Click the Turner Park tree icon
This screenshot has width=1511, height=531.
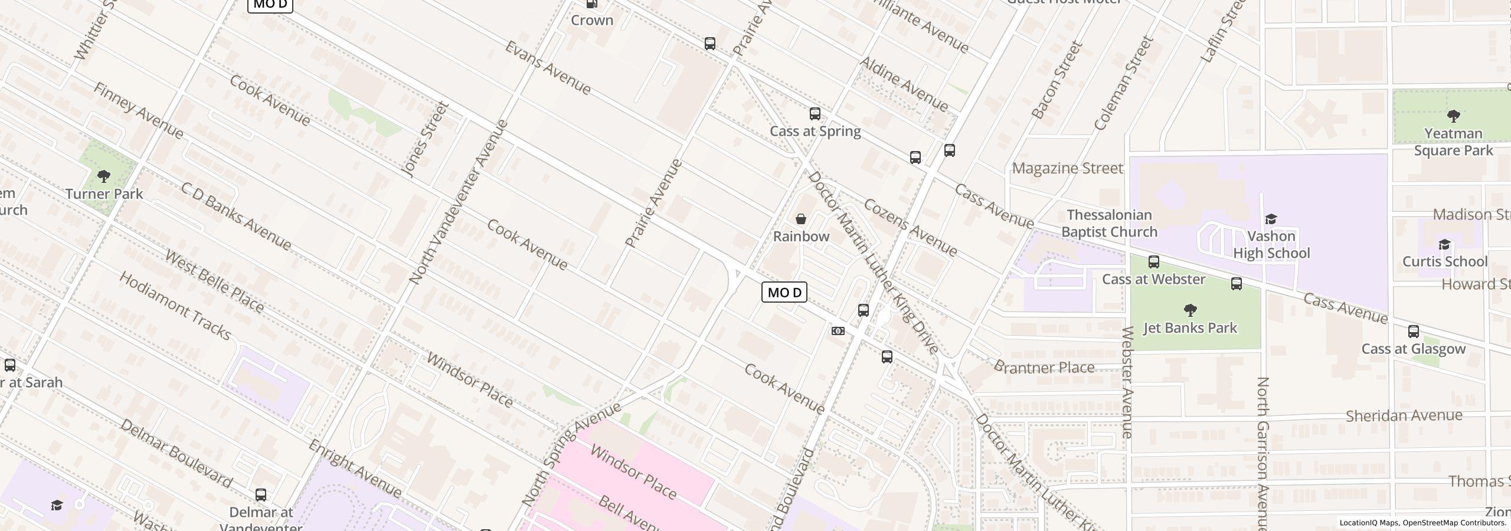(x=104, y=176)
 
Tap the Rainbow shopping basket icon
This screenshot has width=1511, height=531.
(x=801, y=219)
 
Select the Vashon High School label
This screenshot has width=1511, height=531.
(x=1271, y=245)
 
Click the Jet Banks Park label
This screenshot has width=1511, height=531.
(x=1190, y=328)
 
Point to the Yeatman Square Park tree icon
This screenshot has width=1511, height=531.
(x=1453, y=116)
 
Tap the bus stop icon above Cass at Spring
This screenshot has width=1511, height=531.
(x=815, y=114)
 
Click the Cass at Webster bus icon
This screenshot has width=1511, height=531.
(x=1153, y=262)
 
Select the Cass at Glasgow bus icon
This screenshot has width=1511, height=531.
(x=1413, y=332)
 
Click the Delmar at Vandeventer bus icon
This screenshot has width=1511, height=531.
(x=260, y=494)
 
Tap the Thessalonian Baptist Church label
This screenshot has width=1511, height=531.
(x=1109, y=224)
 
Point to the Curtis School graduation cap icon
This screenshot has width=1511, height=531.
(x=1444, y=245)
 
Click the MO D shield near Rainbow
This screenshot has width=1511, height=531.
(x=784, y=293)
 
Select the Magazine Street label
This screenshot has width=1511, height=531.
(x=1067, y=169)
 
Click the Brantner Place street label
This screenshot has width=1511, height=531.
(x=1044, y=368)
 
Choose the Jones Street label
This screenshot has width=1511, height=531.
(x=425, y=140)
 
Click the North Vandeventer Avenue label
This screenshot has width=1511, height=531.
(x=458, y=202)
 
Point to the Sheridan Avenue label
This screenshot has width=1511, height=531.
(x=1404, y=416)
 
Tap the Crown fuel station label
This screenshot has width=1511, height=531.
(x=592, y=21)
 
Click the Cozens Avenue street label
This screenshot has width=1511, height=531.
(x=910, y=228)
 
